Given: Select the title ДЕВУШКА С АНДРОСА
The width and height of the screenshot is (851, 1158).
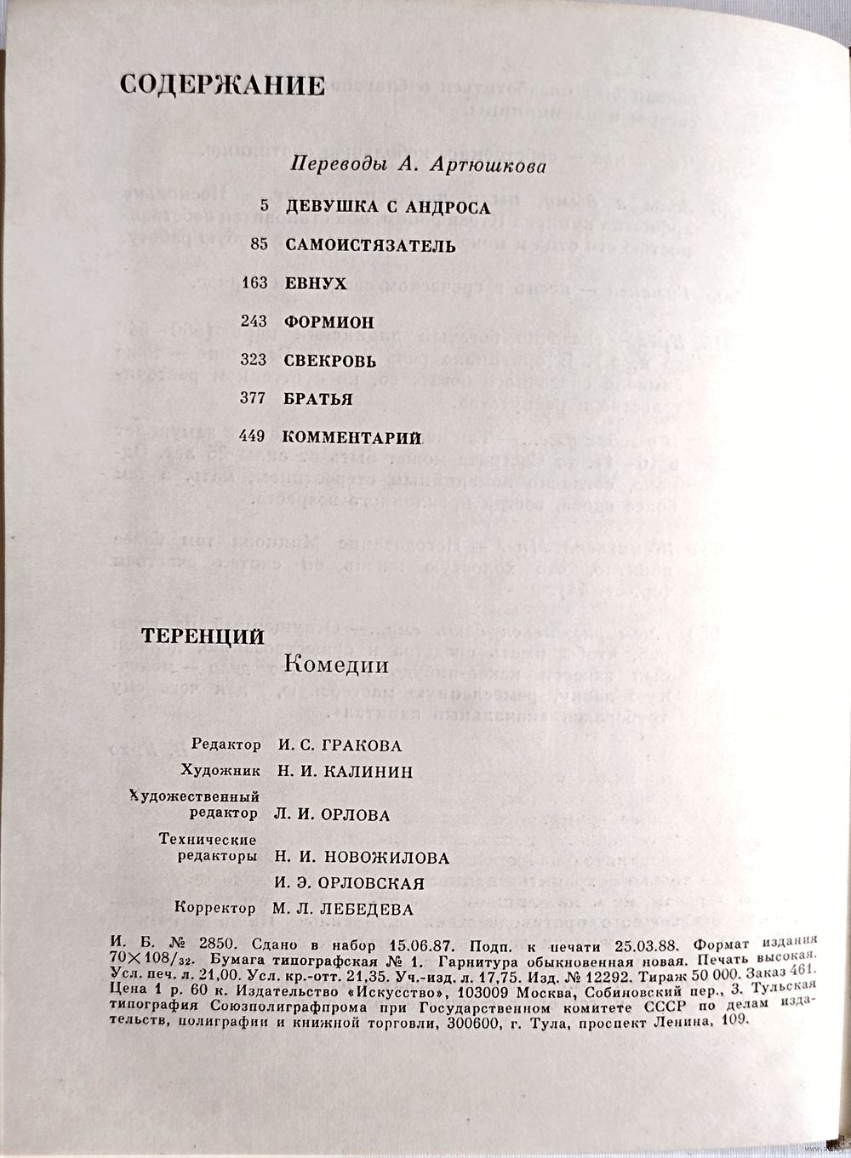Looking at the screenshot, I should [387, 208].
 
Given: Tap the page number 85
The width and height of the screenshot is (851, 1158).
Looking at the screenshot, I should [260, 246].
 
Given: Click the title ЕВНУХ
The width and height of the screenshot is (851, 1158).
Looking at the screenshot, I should [316, 284].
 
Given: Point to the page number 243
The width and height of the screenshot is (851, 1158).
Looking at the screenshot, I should [254, 322].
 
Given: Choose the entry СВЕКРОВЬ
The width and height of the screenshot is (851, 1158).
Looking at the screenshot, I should [329, 361].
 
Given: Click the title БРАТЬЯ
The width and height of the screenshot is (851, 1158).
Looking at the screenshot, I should [318, 399].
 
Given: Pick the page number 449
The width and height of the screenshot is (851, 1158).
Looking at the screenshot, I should [254, 437].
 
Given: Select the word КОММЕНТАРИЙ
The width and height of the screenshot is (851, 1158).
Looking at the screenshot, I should [351, 437].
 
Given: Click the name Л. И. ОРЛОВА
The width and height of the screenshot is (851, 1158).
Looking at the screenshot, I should [332, 815].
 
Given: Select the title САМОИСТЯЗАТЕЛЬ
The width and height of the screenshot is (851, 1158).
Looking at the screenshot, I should [370, 246].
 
